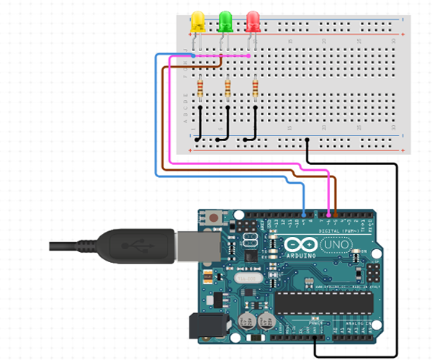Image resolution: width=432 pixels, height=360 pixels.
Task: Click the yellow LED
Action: click(x=197, y=22)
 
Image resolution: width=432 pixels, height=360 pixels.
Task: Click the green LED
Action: click(x=225, y=22)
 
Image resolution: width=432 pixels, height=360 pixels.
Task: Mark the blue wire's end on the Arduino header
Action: click(x=305, y=214)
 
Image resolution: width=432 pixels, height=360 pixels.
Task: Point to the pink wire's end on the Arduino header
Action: click(x=330, y=214)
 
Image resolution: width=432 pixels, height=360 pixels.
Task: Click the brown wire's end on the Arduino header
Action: click(x=336, y=214)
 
